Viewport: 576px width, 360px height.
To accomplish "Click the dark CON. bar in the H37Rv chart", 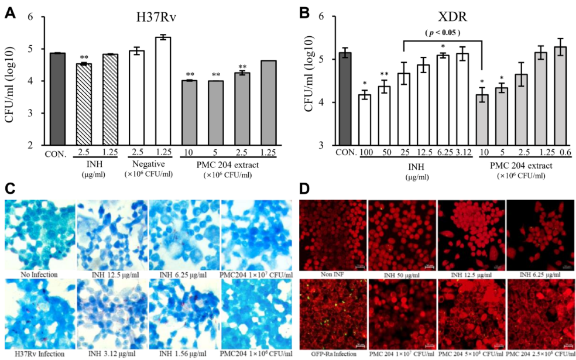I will pyautogui.click(x=57, y=99).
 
